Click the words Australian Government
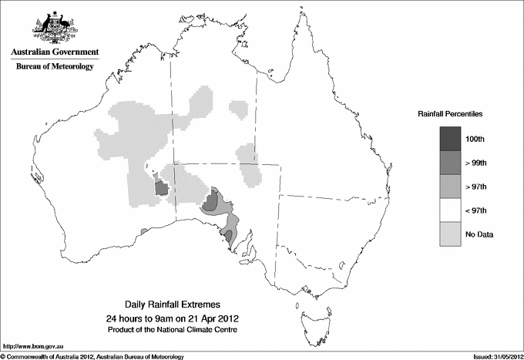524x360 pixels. pyautogui.click(x=55, y=52)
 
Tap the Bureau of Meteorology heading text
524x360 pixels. pyautogui.click(x=55, y=67)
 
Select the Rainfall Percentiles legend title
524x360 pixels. pyautogui.click(x=450, y=113)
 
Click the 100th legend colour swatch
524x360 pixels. pyautogui.click(x=450, y=139)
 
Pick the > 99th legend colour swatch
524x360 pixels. pyautogui.click(x=450, y=163)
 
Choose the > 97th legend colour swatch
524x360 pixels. pyautogui.click(x=450, y=187)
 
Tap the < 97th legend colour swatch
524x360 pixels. pyautogui.click(x=450, y=210)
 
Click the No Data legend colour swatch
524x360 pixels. pyautogui.click(x=450, y=234)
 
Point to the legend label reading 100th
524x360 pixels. pyautogui.click(x=475, y=139)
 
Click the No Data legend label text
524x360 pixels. pyautogui.click(x=479, y=234)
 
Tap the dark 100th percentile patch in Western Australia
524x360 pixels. pyautogui.click(x=162, y=188)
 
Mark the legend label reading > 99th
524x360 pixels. pyautogui.click(x=475, y=163)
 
